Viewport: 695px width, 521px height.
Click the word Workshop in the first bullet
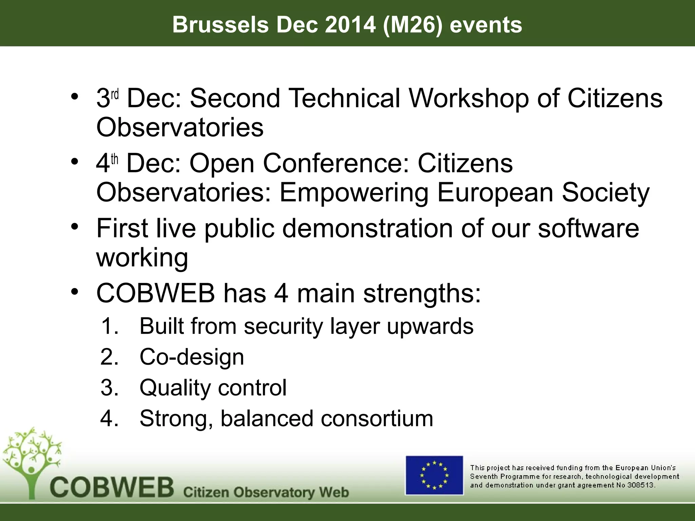pos(468,98)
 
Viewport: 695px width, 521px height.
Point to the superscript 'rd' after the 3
pos(115,94)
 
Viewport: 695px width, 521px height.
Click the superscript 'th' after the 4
pos(115,159)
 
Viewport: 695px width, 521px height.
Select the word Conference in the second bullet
pos(336,163)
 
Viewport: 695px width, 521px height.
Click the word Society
pos(605,192)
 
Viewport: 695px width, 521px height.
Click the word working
pos(142,258)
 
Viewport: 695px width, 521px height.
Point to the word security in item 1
pos(283,326)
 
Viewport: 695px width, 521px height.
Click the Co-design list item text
pos(192,357)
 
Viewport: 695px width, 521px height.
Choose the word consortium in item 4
pos(377,418)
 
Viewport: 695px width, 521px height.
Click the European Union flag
pos(434,475)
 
